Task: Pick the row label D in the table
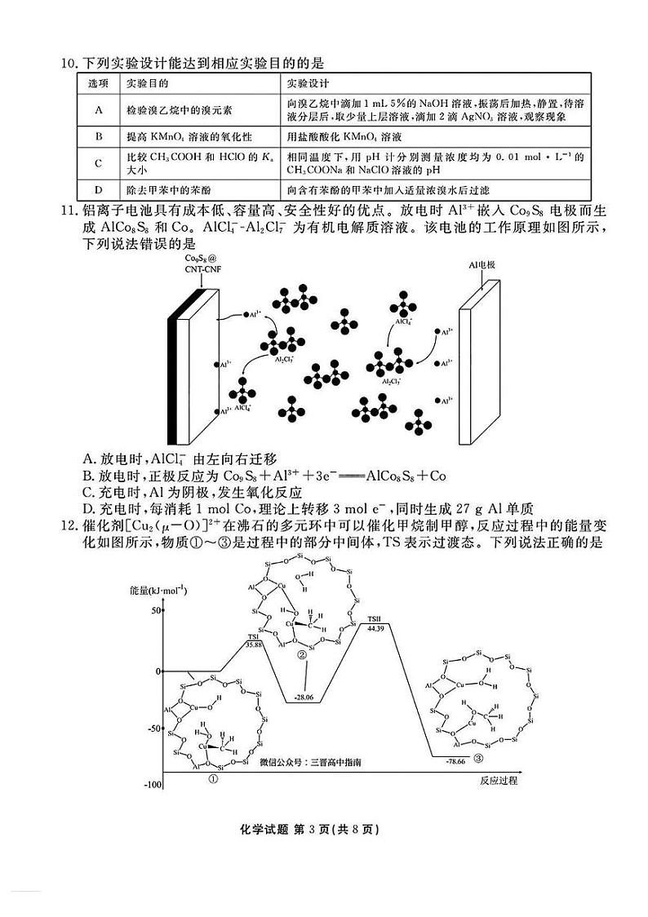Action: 97,189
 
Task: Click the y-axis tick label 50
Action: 155,610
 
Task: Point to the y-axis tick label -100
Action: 152,784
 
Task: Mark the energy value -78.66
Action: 455,760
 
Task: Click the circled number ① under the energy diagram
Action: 213,779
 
